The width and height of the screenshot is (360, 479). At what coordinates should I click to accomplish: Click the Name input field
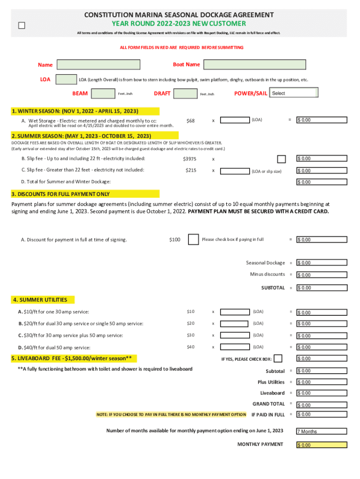[x=98, y=65]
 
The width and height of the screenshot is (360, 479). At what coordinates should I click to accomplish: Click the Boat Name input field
[x=255, y=65]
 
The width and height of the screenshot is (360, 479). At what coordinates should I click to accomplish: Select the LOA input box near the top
[x=66, y=80]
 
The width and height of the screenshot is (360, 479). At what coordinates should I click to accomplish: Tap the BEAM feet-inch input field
[x=103, y=94]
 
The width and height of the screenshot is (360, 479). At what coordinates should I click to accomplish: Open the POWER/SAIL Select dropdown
[x=294, y=93]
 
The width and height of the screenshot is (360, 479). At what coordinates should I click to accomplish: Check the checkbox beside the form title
[x=22, y=26]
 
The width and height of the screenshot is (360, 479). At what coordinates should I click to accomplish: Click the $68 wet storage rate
[x=190, y=121]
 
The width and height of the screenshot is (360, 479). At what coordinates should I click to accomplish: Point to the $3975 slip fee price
[x=189, y=159]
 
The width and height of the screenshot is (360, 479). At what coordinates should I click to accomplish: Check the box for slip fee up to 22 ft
[x=281, y=159]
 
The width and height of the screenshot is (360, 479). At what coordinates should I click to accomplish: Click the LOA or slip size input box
[x=235, y=171]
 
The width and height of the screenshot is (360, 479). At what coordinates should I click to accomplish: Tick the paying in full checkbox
[x=193, y=240]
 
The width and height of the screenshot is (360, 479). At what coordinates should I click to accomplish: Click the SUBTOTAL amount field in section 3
[x=322, y=288]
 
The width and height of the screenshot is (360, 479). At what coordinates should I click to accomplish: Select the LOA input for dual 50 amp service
[x=235, y=347]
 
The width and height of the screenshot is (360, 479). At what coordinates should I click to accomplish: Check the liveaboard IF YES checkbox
[x=278, y=359]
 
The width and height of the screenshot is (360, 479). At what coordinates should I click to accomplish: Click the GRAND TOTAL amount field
[x=322, y=405]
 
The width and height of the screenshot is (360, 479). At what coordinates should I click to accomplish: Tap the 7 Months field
[x=322, y=431]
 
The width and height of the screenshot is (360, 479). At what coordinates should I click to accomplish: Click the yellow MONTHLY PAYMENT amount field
[x=322, y=445]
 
